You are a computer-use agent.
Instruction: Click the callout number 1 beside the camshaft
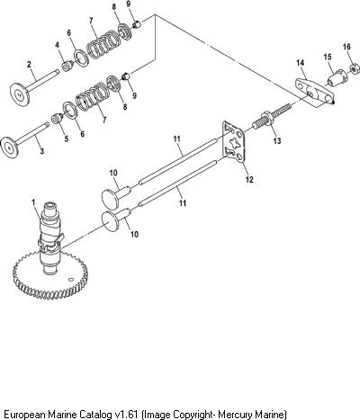(x=34, y=202)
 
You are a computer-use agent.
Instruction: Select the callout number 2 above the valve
(x=29, y=64)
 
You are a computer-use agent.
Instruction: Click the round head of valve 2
(x=20, y=94)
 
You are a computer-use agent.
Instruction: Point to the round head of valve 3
(x=10, y=147)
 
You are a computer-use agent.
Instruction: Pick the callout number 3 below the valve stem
(x=41, y=151)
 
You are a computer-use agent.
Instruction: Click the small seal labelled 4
(x=67, y=66)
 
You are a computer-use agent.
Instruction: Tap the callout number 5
(x=67, y=139)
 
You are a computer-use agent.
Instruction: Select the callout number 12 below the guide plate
(x=249, y=179)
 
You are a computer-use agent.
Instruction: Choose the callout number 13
(x=277, y=140)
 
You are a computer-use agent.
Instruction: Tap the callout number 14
(x=301, y=63)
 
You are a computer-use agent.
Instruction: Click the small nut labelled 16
(x=355, y=69)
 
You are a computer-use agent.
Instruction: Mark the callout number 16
(x=346, y=47)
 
